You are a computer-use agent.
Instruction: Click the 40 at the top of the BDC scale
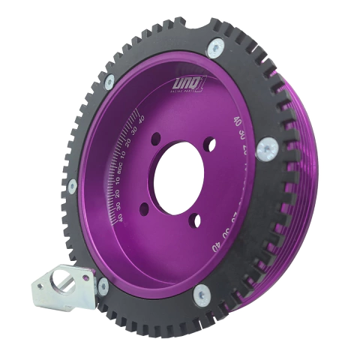[x=140, y=118]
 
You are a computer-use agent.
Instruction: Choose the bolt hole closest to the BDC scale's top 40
[x=155, y=139]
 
